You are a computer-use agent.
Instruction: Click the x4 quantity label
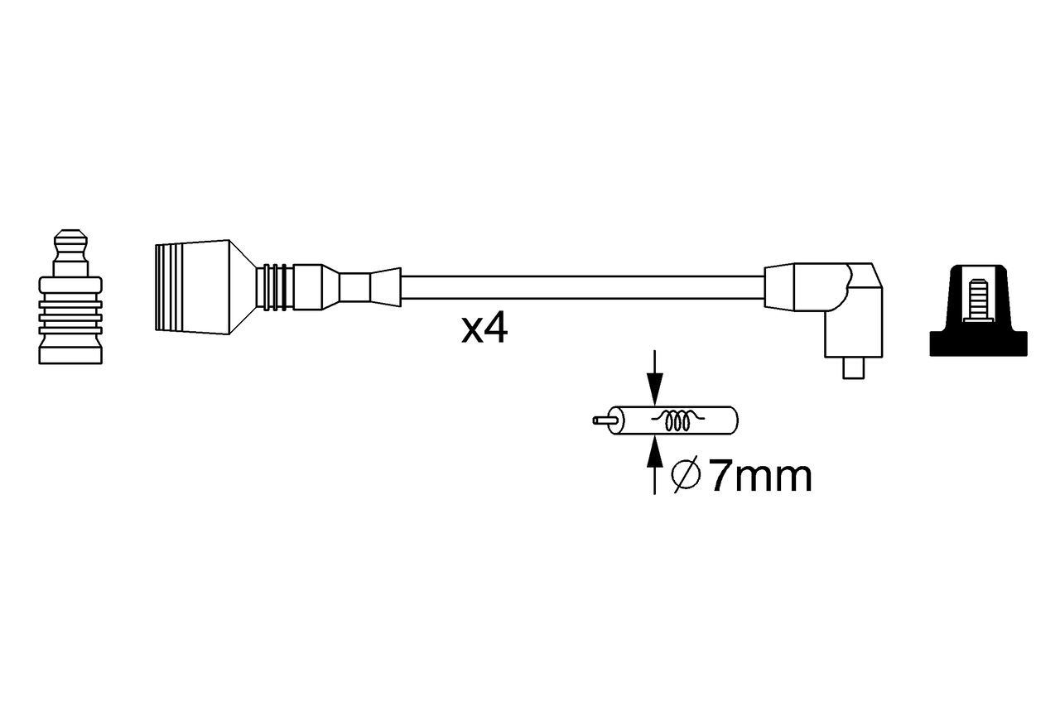click(x=484, y=330)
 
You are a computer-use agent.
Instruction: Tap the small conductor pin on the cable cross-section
click(x=602, y=420)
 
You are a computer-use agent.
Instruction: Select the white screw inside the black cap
click(x=977, y=299)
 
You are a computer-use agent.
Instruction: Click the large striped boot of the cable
click(x=190, y=287)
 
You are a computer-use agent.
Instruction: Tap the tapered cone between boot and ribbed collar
click(x=241, y=287)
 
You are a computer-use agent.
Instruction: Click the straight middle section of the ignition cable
click(x=580, y=288)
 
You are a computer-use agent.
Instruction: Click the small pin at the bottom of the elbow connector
click(x=852, y=368)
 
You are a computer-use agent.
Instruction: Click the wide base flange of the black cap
click(x=978, y=344)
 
